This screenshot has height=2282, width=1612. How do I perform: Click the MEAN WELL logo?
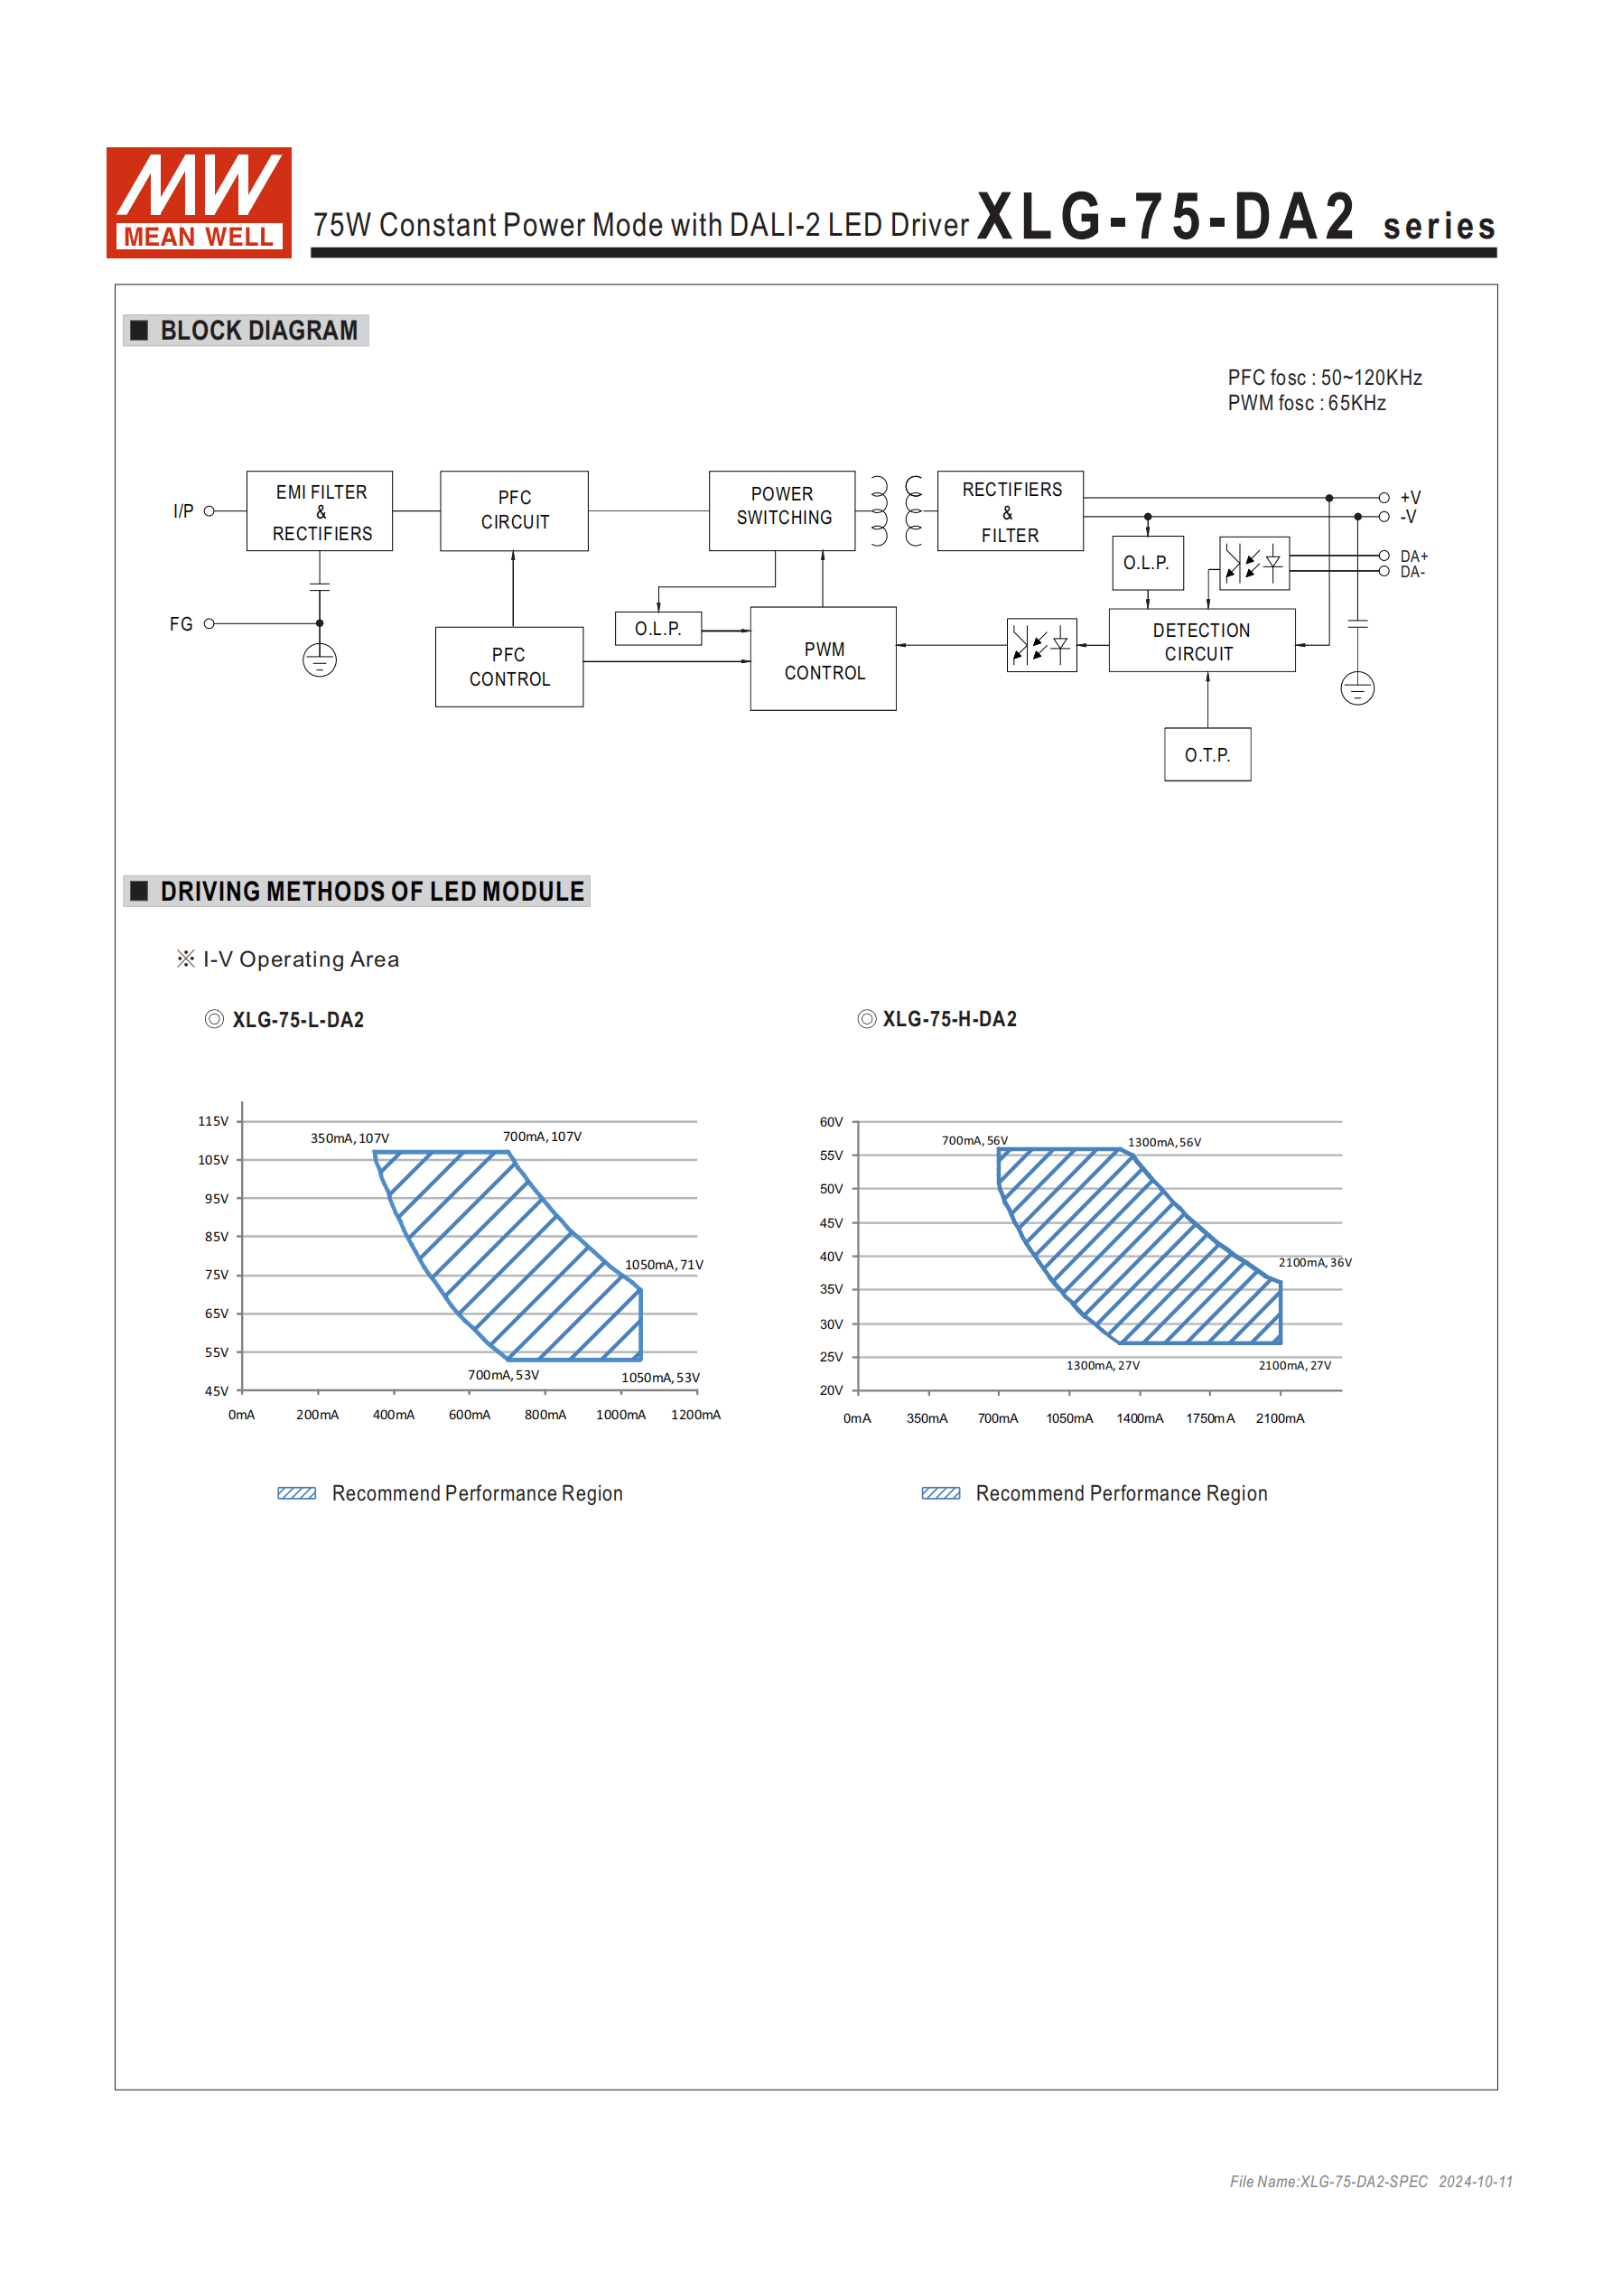point(199,202)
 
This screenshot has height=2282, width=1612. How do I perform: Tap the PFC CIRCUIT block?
point(514,510)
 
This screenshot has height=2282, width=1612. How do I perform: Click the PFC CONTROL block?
point(508,667)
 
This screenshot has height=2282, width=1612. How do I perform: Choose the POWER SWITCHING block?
point(782,510)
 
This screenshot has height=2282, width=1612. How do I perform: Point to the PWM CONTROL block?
point(823,660)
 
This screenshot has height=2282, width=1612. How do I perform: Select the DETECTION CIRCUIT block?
point(1201,641)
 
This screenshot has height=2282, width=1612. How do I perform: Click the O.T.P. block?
point(1207,755)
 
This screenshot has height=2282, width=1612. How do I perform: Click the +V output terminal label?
point(1411,497)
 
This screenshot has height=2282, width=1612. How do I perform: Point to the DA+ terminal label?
point(1413,556)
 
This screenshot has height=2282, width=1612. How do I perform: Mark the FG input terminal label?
point(181,624)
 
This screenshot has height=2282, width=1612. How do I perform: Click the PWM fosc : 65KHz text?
point(1306,404)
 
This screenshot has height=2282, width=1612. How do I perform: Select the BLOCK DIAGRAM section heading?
point(258,331)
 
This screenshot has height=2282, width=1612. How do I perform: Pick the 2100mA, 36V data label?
point(1315,1262)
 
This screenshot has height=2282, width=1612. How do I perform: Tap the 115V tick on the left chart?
point(213,1121)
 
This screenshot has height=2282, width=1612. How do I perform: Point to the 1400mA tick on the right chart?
point(1140,1418)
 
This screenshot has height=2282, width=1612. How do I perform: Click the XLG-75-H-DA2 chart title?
point(949,1020)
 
